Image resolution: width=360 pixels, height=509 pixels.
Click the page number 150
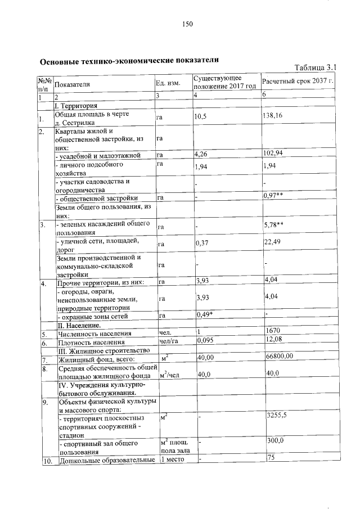click(188, 24)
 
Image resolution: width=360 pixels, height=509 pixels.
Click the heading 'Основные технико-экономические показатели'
click(128, 60)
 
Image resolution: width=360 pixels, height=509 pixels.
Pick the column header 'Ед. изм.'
click(168, 84)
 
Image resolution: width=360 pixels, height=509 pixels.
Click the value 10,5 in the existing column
click(201, 116)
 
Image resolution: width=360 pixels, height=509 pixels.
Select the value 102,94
click(274, 154)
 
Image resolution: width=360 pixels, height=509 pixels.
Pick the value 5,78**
click(273, 225)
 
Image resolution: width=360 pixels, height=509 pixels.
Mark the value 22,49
click(273, 242)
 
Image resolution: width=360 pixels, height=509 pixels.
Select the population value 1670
click(272, 331)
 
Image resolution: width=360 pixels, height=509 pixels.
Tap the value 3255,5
click(276, 415)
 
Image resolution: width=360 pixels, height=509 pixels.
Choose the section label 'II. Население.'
click(78, 325)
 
